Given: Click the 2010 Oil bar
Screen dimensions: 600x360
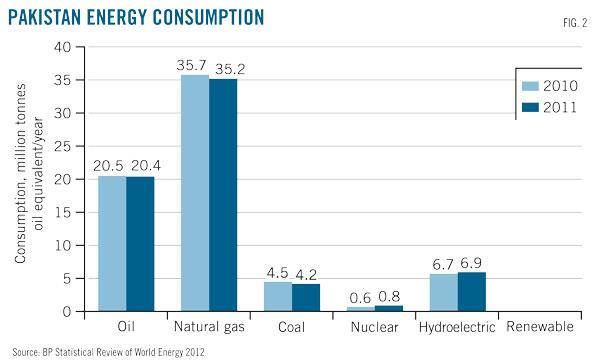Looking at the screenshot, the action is [x=112, y=243].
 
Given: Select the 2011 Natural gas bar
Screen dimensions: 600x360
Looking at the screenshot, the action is [x=223, y=195].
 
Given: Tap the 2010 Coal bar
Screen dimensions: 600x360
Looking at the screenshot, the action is [x=278, y=296].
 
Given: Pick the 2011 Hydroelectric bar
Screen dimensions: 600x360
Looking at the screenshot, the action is [x=472, y=292].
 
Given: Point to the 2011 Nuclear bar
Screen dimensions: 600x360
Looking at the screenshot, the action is [x=389, y=308].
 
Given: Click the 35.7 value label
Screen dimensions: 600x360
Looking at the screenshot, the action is [x=191, y=65].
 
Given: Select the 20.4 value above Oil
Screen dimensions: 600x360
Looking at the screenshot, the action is [x=146, y=166].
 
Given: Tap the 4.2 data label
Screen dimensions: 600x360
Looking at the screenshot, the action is [x=306, y=275].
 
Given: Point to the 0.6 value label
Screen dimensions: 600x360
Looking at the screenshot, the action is [x=360, y=298].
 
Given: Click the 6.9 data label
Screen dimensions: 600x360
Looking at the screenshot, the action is [x=471, y=263].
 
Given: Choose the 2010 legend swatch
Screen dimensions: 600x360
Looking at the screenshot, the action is [x=530, y=86].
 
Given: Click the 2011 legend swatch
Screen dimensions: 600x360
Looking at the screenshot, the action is [x=530, y=108].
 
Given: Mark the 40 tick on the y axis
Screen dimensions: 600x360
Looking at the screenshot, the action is [x=62, y=47].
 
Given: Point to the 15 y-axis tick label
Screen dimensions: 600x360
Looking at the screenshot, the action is [x=63, y=212].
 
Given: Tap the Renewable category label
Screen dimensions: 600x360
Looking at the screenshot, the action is [x=540, y=326].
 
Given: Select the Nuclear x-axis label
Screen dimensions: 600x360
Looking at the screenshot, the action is [x=374, y=327].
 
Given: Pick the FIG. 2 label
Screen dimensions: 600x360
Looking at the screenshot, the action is [x=575, y=23].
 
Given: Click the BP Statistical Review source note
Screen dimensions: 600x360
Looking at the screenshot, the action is [x=108, y=352].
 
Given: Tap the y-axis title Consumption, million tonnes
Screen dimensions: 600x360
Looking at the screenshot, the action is [x=20, y=173].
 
